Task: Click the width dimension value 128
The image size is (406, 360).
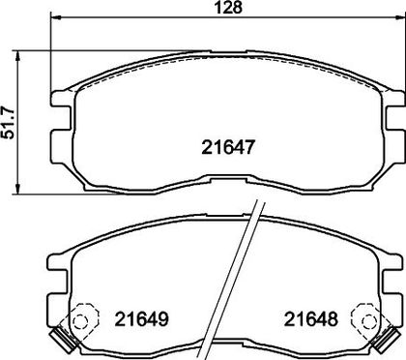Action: tap(228, 7)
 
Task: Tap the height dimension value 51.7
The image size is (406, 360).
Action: tap(8, 122)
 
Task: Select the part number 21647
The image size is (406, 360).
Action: tap(228, 147)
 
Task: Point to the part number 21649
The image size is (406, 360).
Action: tap(142, 319)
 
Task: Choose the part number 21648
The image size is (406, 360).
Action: tap(311, 319)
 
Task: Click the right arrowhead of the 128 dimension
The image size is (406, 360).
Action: tap(400, 16)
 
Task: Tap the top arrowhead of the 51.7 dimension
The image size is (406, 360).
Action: tap(18, 56)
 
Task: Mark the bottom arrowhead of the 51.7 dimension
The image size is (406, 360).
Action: tap(18, 189)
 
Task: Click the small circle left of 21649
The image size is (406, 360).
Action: tap(79, 321)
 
